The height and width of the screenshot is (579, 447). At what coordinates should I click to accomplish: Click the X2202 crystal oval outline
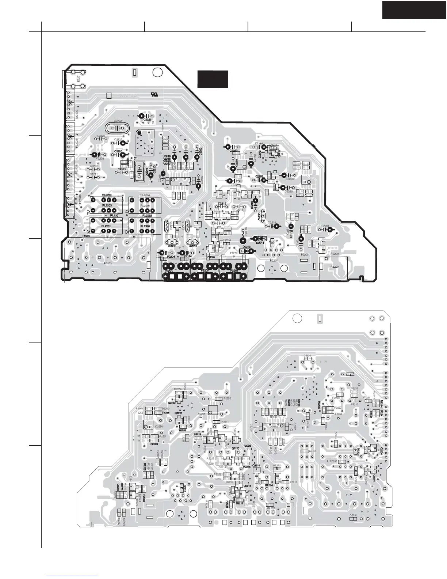coord(117,128)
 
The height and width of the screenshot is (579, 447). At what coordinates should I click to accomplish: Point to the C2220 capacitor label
coord(118,151)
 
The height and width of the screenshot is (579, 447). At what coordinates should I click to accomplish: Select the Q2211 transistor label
coord(172,246)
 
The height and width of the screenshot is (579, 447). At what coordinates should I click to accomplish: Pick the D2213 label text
coord(247,247)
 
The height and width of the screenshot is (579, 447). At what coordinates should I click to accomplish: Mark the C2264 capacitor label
coord(325,226)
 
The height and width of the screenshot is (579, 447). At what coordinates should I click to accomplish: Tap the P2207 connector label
coord(274,260)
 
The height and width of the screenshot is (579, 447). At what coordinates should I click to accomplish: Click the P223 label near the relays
coord(86,236)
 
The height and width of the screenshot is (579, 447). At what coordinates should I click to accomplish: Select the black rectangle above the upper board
coord(213,79)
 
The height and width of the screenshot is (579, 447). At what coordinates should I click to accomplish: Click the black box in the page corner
coord(414,10)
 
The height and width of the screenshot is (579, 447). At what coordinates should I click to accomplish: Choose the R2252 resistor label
coord(227,398)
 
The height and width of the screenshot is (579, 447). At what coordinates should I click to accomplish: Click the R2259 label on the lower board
coord(154,444)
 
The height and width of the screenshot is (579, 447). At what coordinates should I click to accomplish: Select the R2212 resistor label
coord(294,482)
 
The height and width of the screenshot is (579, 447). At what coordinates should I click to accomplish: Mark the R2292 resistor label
coord(333,461)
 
